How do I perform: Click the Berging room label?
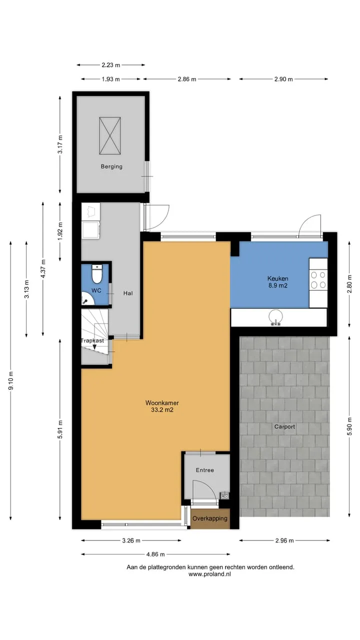(111, 166)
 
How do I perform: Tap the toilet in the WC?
(97, 273)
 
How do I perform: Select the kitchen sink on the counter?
(275, 317)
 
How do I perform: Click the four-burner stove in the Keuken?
(318, 280)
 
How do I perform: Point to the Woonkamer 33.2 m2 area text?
(162, 406)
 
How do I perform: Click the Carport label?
(284, 426)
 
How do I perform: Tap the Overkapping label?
(210, 518)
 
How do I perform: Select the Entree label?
(205, 470)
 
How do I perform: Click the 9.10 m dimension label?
(11, 380)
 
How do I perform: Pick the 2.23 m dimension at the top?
(111, 65)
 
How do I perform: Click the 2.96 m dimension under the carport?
(284, 540)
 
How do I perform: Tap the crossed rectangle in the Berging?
(110, 135)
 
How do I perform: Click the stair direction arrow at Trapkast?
(94, 346)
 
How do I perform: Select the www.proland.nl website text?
(209, 574)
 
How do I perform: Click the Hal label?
(128, 293)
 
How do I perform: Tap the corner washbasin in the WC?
(87, 298)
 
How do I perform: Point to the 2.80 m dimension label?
(349, 284)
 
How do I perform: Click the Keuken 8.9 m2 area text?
(277, 281)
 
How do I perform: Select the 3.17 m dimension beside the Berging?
(60, 144)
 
